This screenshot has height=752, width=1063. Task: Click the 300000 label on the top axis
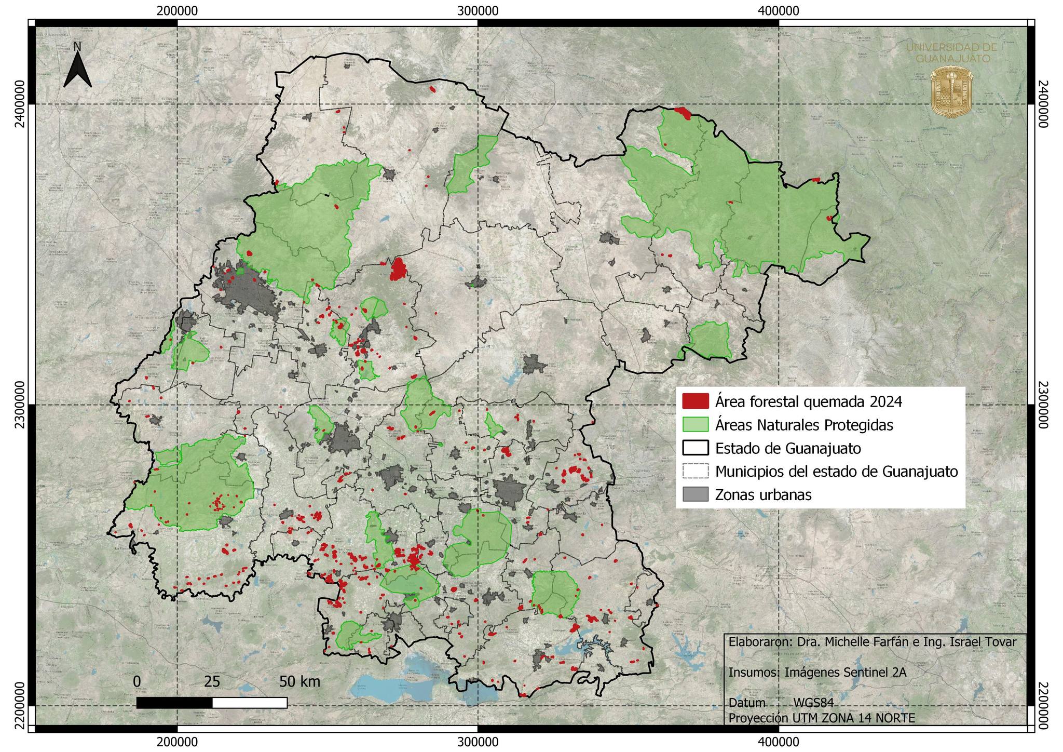[478, 10]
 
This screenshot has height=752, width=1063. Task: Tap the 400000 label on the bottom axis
[778, 742]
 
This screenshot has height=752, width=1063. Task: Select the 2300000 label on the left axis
[19, 405]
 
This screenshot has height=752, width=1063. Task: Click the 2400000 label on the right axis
[1043, 104]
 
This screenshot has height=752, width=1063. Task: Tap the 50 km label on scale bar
[299, 681]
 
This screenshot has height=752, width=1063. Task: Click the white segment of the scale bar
[250, 703]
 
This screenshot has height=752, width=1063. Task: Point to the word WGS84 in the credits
[813, 703]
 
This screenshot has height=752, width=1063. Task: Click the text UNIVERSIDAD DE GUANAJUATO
[951, 52]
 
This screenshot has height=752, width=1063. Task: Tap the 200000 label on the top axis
[178, 10]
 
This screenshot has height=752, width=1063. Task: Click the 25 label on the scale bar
[212, 681]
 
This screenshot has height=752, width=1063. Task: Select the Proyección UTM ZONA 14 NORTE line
[822, 718]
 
